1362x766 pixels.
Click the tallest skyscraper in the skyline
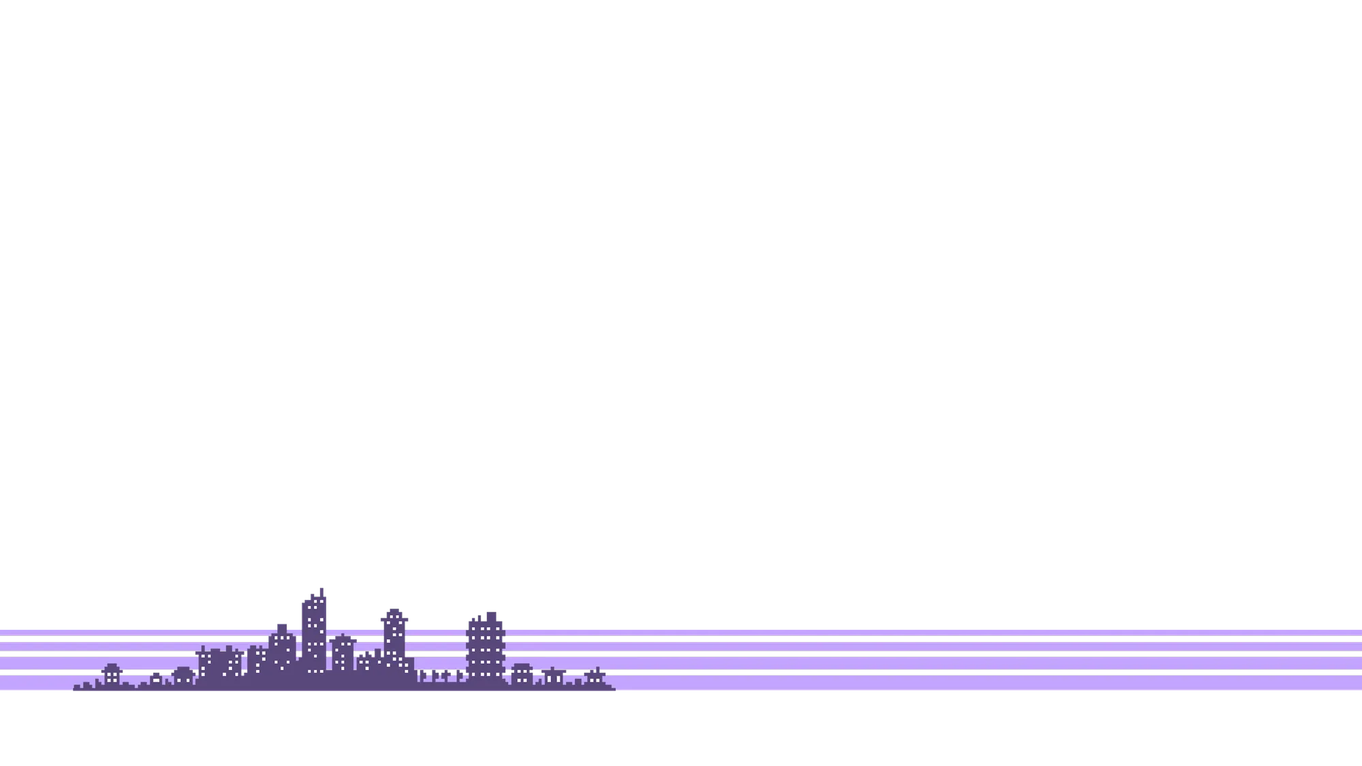pyautogui.click(x=313, y=633)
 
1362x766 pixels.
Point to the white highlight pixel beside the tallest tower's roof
pyautogui.click(x=302, y=597)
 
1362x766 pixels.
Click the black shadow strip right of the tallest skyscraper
pyautogui.click(x=330, y=610)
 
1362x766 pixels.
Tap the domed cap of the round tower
pyautogui.click(x=394, y=611)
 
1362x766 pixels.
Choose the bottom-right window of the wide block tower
pyautogui.click(x=498, y=674)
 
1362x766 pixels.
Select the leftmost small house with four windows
pyautogui.click(x=111, y=674)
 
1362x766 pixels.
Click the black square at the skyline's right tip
pyautogui.click(x=618, y=695)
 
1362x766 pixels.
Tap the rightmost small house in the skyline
pyautogui.click(x=595, y=677)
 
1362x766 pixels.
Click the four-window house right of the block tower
pyautogui.click(x=522, y=674)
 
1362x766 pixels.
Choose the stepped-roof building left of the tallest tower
pyautogui.click(x=281, y=647)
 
